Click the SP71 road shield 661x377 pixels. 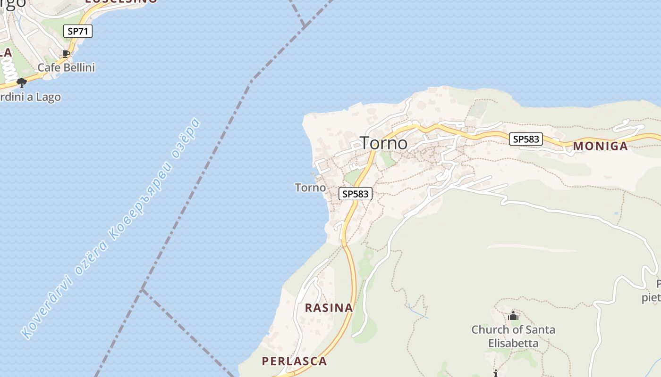point(78,32)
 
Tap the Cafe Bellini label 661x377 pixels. point(66,68)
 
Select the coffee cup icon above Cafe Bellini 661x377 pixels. point(66,54)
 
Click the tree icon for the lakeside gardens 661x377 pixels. point(21,83)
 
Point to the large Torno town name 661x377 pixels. point(384,143)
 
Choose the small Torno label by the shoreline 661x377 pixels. point(310,188)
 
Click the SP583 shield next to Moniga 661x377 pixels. point(526,139)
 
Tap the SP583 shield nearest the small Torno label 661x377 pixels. point(356,194)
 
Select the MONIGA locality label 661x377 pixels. point(601,146)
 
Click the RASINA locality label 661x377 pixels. point(329,308)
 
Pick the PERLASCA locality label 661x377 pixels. point(294,361)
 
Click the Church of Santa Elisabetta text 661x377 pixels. point(513,330)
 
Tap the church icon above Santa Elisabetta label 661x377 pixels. point(513,316)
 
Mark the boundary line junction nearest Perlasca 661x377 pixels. point(143,288)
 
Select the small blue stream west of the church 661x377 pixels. point(418,311)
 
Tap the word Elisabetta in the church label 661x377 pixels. point(513,343)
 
